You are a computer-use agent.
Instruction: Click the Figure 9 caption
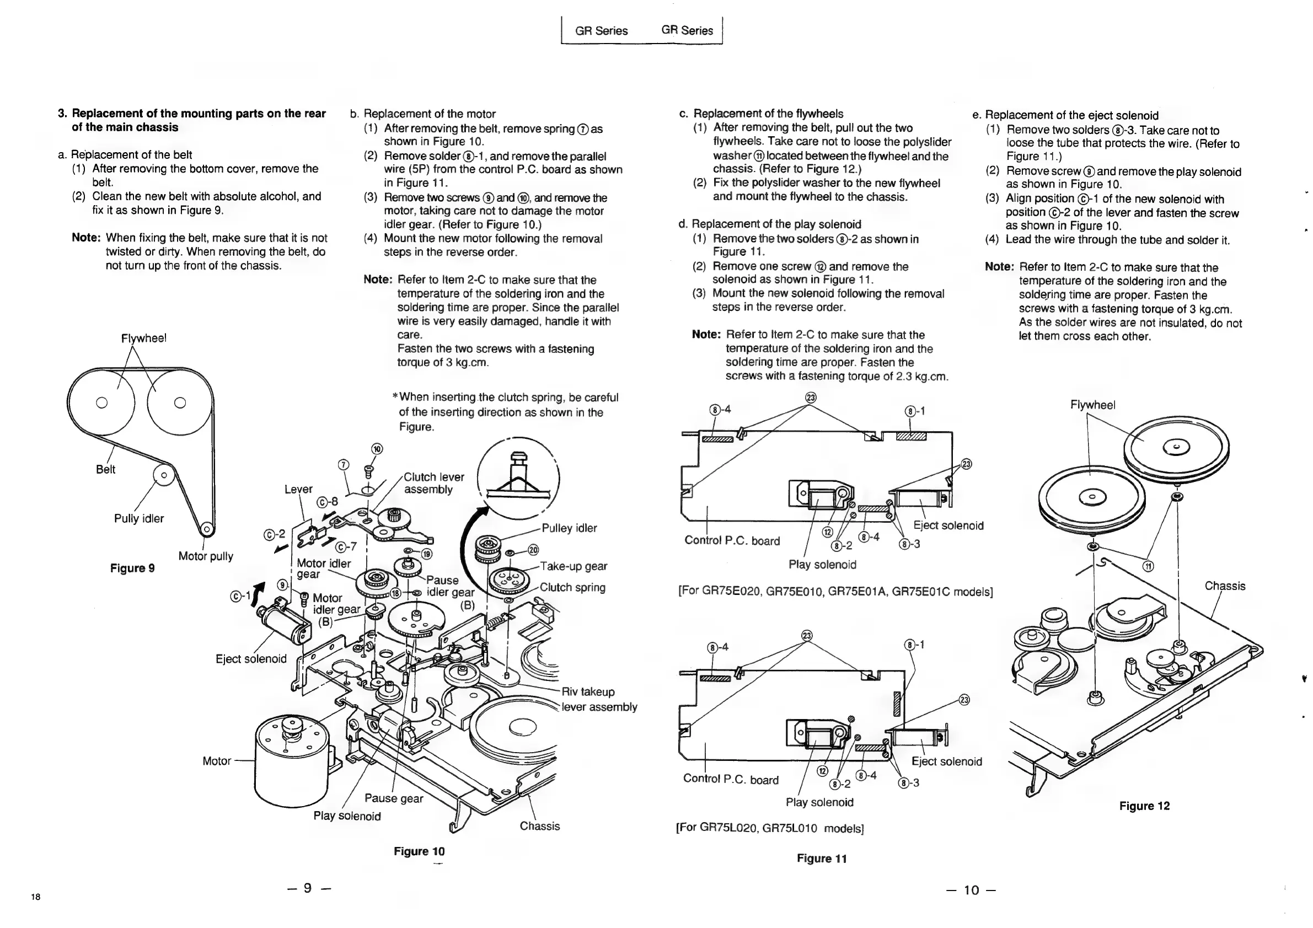point(132,568)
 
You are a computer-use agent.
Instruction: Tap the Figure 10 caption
point(419,851)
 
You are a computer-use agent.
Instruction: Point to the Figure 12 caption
point(1144,806)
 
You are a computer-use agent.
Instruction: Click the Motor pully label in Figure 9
point(205,556)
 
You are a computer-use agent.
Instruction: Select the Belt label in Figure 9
point(105,469)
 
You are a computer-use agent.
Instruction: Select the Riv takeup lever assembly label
point(599,699)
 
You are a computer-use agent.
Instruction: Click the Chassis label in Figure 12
point(1224,586)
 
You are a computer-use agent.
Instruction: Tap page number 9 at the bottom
point(309,887)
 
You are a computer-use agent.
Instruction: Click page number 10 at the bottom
point(971,890)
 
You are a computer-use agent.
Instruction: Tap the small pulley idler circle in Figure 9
point(164,475)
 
